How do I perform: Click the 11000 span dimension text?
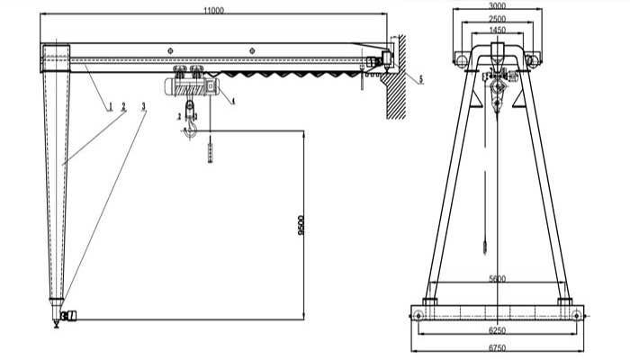point(212,10)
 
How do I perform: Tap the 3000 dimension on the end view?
point(497,6)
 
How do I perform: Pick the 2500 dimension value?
point(497,19)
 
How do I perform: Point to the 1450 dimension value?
point(497,31)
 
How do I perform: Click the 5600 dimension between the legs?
point(496,280)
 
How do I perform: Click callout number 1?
point(111,107)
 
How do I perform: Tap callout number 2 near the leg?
point(124,107)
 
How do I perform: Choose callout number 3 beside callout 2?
point(144,107)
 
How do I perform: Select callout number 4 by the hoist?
point(233,102)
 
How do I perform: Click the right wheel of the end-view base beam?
point(576,314)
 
